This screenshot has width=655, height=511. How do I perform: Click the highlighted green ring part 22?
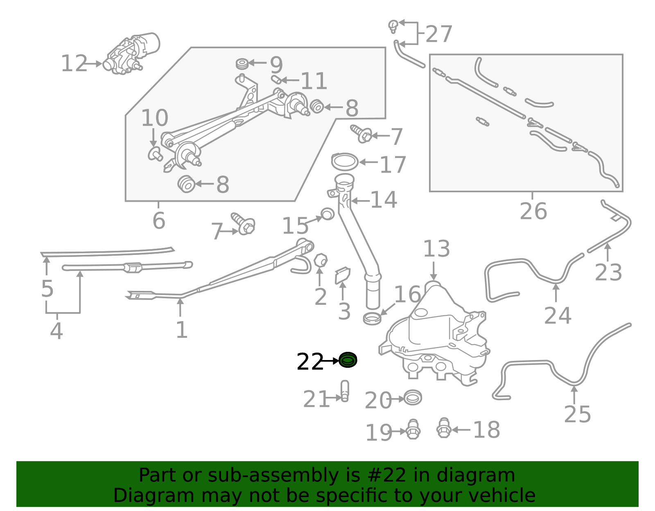tap(348, 360)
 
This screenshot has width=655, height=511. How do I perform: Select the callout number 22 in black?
tap(309, 362)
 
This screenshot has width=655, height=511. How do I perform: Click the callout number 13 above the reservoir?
tap(436, 249)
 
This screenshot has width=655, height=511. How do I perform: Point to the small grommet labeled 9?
tap(242, 64)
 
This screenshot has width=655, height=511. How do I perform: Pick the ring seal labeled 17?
tap(344, 162)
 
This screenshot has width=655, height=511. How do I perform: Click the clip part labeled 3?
tap(342, 275)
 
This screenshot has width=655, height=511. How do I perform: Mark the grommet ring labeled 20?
tap(412, 398)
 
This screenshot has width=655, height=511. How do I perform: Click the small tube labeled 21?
tap(345, 391)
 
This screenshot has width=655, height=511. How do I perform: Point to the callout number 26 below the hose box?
tap(533, 212)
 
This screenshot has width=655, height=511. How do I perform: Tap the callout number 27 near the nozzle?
tap(439, 34)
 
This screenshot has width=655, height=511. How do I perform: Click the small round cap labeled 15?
tap(327, 214)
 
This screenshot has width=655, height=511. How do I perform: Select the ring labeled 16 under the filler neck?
tap(372, 318)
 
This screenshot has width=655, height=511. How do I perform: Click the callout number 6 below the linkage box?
tap(159, 221)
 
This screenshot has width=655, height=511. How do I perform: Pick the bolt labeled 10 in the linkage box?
tap(155, 154)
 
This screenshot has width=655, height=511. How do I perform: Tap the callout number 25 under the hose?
tap(577, 414)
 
